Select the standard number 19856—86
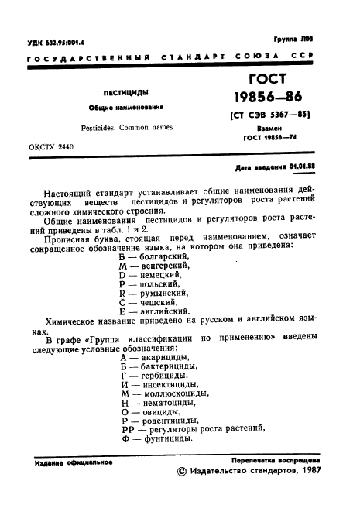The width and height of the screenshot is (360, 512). [x=270, y=98]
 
